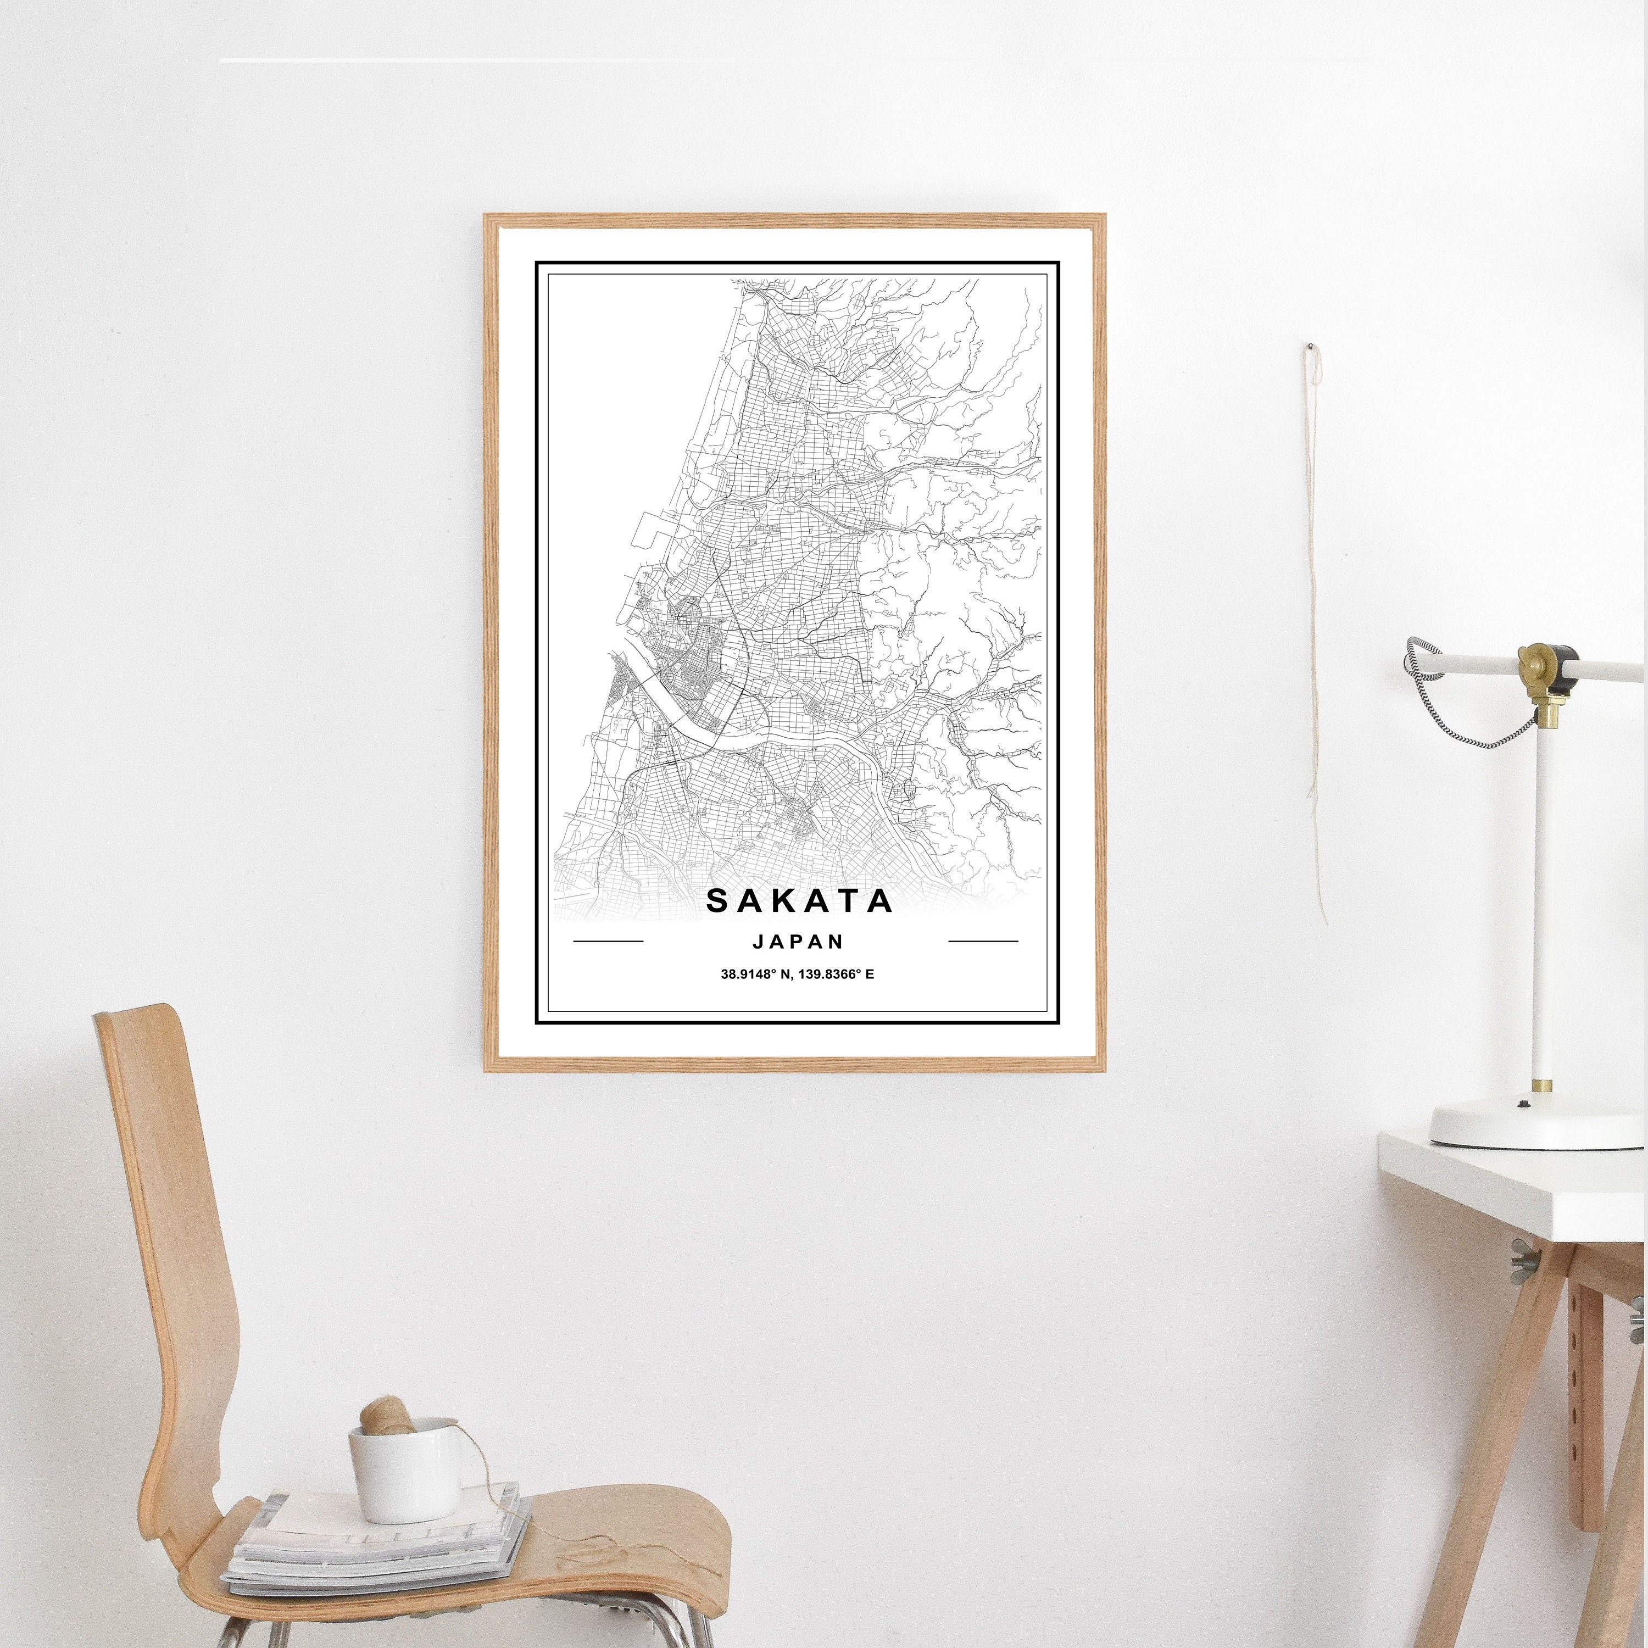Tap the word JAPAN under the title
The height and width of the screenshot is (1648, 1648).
click(x=798, y=941)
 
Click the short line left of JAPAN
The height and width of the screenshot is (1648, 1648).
click(x=608, y=942)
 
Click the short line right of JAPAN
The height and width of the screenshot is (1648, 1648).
click(x=983, y=942)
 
